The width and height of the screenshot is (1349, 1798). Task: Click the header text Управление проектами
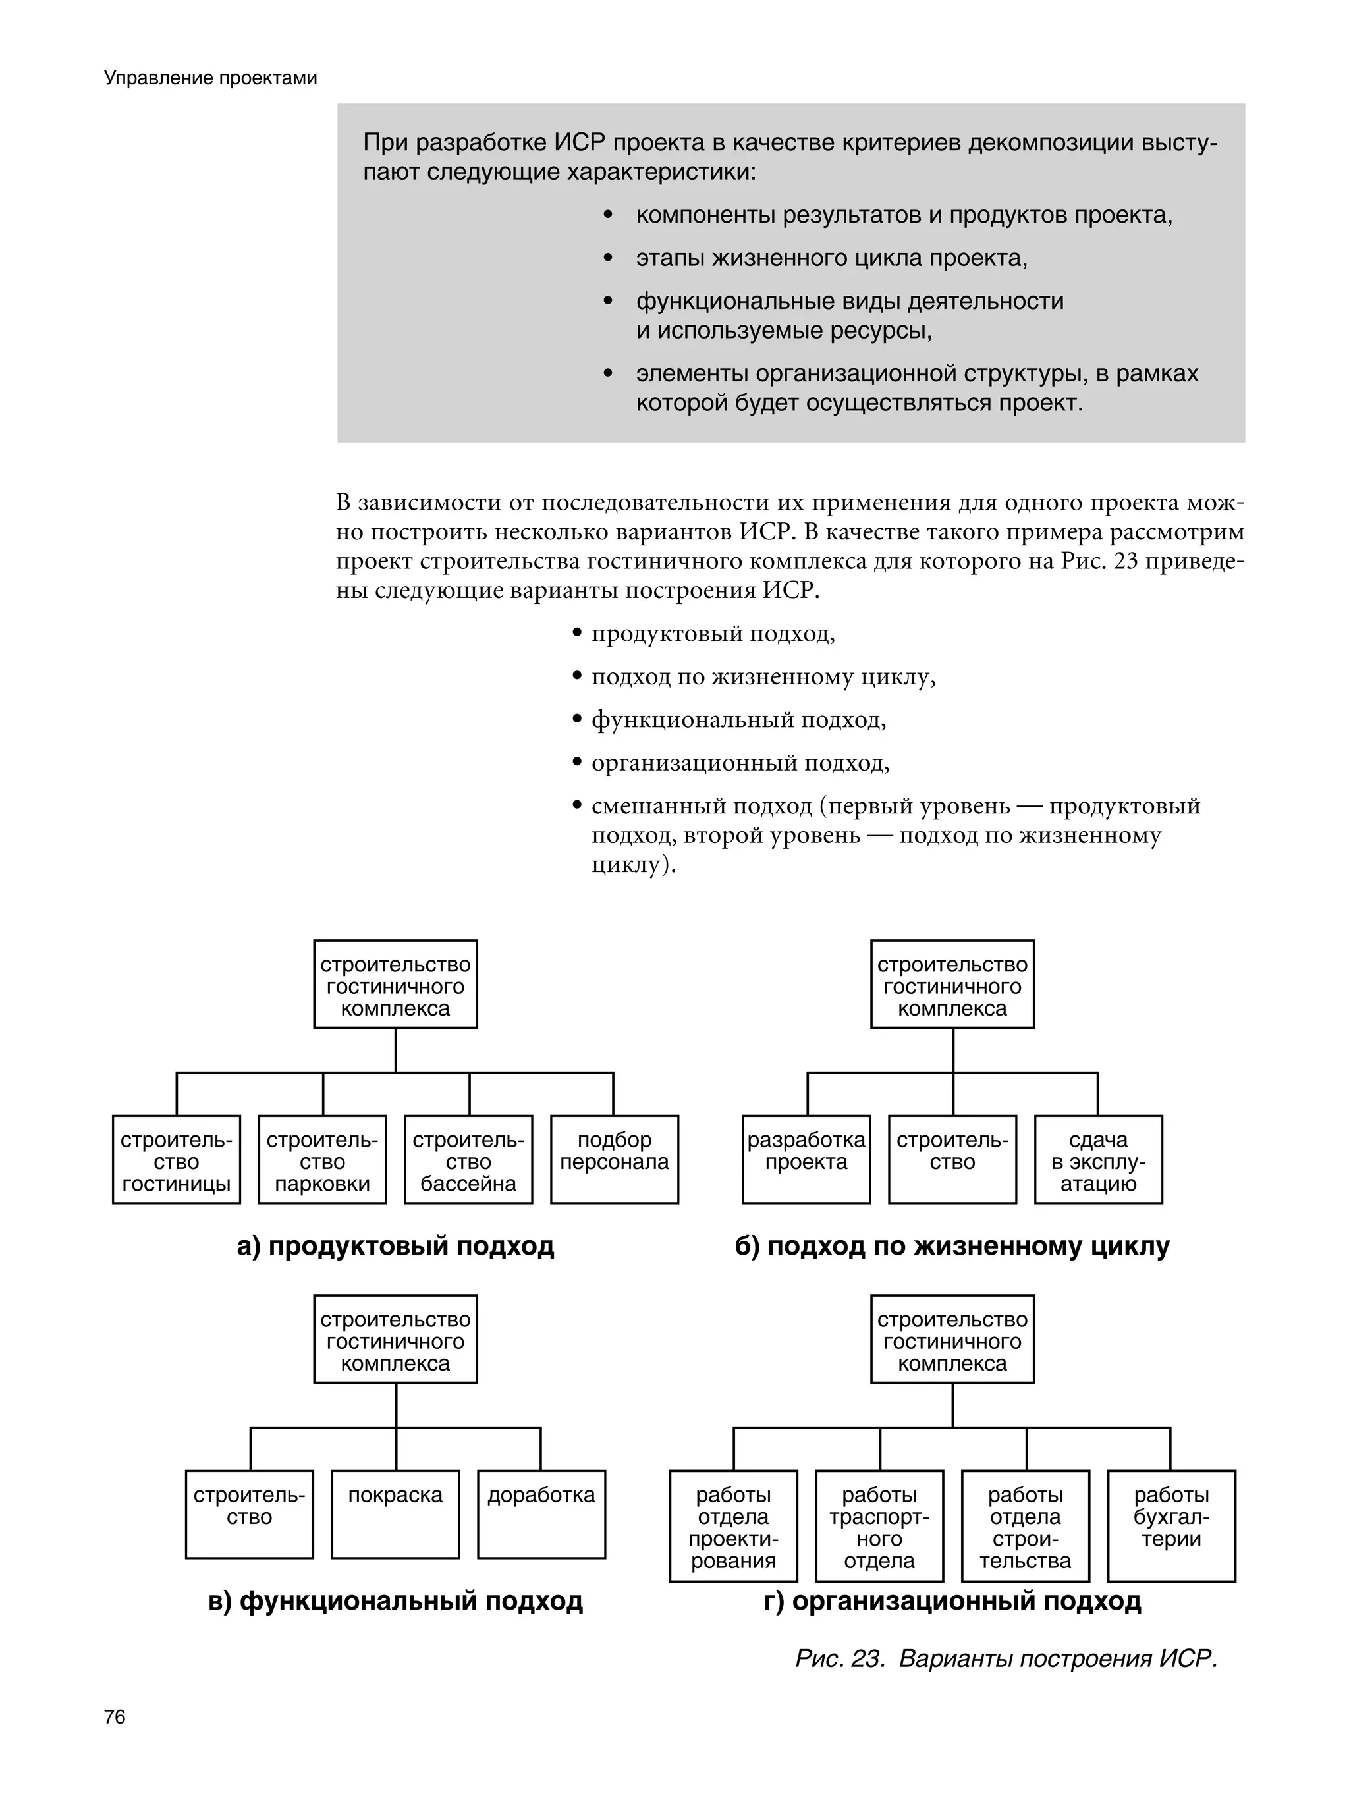click(211, 78)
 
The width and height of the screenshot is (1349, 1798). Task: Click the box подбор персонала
click(614, 1160)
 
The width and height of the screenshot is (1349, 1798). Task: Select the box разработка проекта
click(806, 1160)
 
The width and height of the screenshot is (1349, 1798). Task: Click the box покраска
click(395, 1513)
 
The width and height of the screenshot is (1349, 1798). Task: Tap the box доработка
click(541, 1513)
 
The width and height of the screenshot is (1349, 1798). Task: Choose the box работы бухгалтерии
click(1171, 1524)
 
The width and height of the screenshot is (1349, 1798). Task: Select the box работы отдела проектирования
click(732, 1524)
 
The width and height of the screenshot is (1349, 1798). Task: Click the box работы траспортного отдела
click(879, 1524)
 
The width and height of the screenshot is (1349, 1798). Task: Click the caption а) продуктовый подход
click(395, 1246)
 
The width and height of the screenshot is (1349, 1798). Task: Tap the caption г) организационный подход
click(952, 1600)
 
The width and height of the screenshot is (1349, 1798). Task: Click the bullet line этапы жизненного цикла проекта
click(831, 258)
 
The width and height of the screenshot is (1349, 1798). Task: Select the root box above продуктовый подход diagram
click(395, 985)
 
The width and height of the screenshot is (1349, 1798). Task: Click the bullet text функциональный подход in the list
click(738, 720)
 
